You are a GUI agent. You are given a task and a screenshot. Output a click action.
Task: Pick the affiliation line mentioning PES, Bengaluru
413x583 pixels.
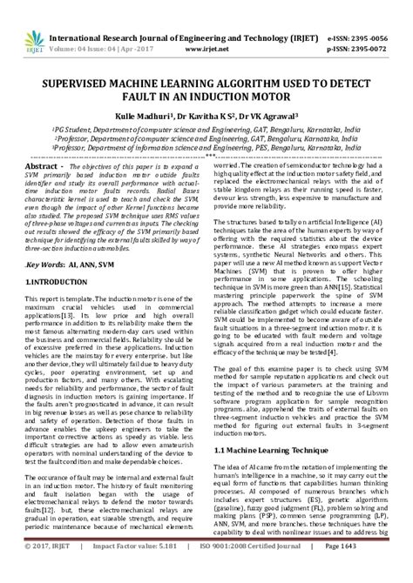(x=206, y=148)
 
